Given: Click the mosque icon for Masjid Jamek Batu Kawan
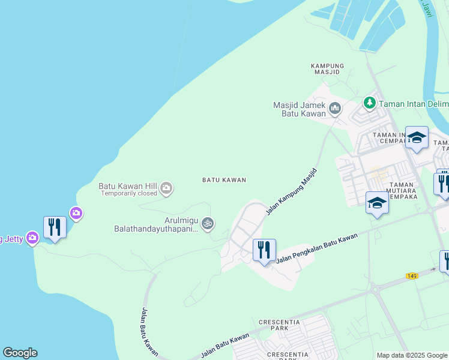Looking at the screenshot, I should coord(335,109).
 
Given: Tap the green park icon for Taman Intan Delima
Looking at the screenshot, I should coord(369,104).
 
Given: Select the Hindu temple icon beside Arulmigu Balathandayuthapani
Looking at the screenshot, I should coord(207,224).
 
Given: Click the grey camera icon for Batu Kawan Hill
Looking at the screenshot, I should coord(166,189).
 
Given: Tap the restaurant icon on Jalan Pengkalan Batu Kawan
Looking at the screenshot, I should coord(264,250).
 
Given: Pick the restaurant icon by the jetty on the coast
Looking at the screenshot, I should coord(55,227).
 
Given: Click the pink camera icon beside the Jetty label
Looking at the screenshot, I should coord(32,239).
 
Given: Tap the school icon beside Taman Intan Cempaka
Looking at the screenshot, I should coord(417,138).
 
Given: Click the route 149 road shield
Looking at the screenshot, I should coord(411,275).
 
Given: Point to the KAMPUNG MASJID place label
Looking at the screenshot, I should coord(327,68).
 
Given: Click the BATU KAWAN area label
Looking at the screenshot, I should coord(224,180).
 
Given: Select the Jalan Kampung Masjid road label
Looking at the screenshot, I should coord(291,191).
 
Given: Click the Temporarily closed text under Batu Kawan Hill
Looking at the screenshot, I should coord(129,194).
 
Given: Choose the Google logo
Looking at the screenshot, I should coord(20,353).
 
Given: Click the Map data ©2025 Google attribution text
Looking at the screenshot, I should coord(411,355).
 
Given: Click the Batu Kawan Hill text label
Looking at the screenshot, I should coord(127,185).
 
